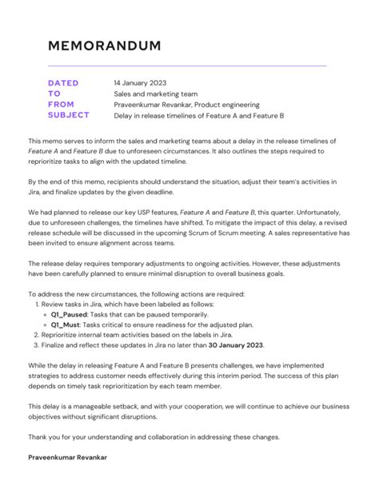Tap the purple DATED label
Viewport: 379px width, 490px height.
click(x=63, y=82)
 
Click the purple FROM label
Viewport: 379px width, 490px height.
click(x=61, y=105)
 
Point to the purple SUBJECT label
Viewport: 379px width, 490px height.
click(x=69, y=116)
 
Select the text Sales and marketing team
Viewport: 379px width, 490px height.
click(x=154, y=94)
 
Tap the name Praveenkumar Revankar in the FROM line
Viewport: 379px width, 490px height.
click(x=151, y=105)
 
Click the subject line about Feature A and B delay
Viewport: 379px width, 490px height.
click(x=199, y=116)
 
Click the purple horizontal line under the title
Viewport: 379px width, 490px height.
click(x=187, y=66)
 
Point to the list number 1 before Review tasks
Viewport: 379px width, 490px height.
click(x=38, y=305)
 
